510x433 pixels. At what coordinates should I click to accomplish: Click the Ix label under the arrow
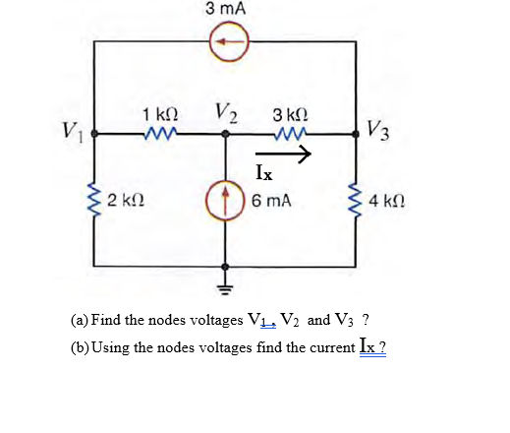click(x=263, y=173)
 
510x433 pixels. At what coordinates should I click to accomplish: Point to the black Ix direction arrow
click(x=284, y=154)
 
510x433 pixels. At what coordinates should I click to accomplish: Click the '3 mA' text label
click(x=226, y=9)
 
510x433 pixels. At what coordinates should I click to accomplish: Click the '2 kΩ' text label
click(x=125, y=203)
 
